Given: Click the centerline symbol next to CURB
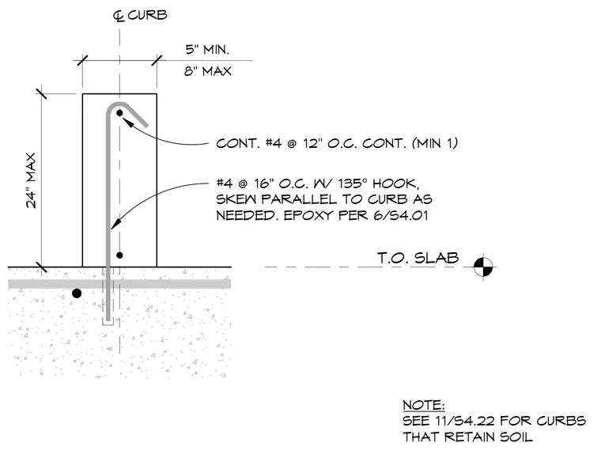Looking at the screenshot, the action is pos(119,16).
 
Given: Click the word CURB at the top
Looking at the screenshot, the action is pos(148,15).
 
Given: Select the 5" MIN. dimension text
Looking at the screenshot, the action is pos(207,50).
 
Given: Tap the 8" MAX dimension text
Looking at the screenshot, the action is pos(208,71).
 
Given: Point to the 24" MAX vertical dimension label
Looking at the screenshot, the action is pos(31,180).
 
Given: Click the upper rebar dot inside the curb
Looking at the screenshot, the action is pos(119,113).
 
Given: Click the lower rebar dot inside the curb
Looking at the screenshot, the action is pos(119,255).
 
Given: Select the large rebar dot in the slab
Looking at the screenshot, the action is pos(77,293).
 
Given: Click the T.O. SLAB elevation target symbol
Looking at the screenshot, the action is pos(483,267).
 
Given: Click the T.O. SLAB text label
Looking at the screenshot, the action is pos(418,258).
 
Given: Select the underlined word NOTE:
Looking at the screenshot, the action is pos(424,405).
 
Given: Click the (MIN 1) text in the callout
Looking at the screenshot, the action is pos(435,143).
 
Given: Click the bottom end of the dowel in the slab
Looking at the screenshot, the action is pos(108,320).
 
